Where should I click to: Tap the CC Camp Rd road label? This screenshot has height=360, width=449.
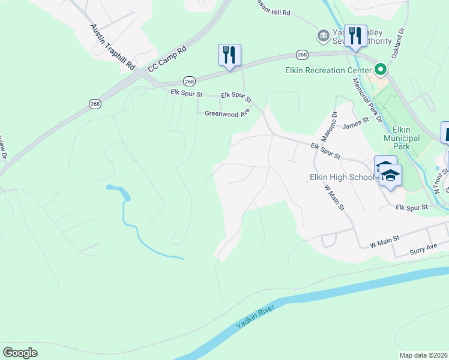(x=168, y=58)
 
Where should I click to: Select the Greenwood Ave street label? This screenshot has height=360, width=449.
(x=227, y=113)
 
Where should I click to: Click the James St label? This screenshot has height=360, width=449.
(x=354, y=126)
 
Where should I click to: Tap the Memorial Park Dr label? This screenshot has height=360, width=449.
(x=367, y=101)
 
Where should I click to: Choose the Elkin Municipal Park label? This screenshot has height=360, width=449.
(x=401, y=137)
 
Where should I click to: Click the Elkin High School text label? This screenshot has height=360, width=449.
(x=342, y=177)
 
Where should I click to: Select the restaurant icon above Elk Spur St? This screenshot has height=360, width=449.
(x=229, y=55)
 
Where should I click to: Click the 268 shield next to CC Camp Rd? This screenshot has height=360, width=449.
(x=189, y=81)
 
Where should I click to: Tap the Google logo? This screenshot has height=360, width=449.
(x=20, y=353)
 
